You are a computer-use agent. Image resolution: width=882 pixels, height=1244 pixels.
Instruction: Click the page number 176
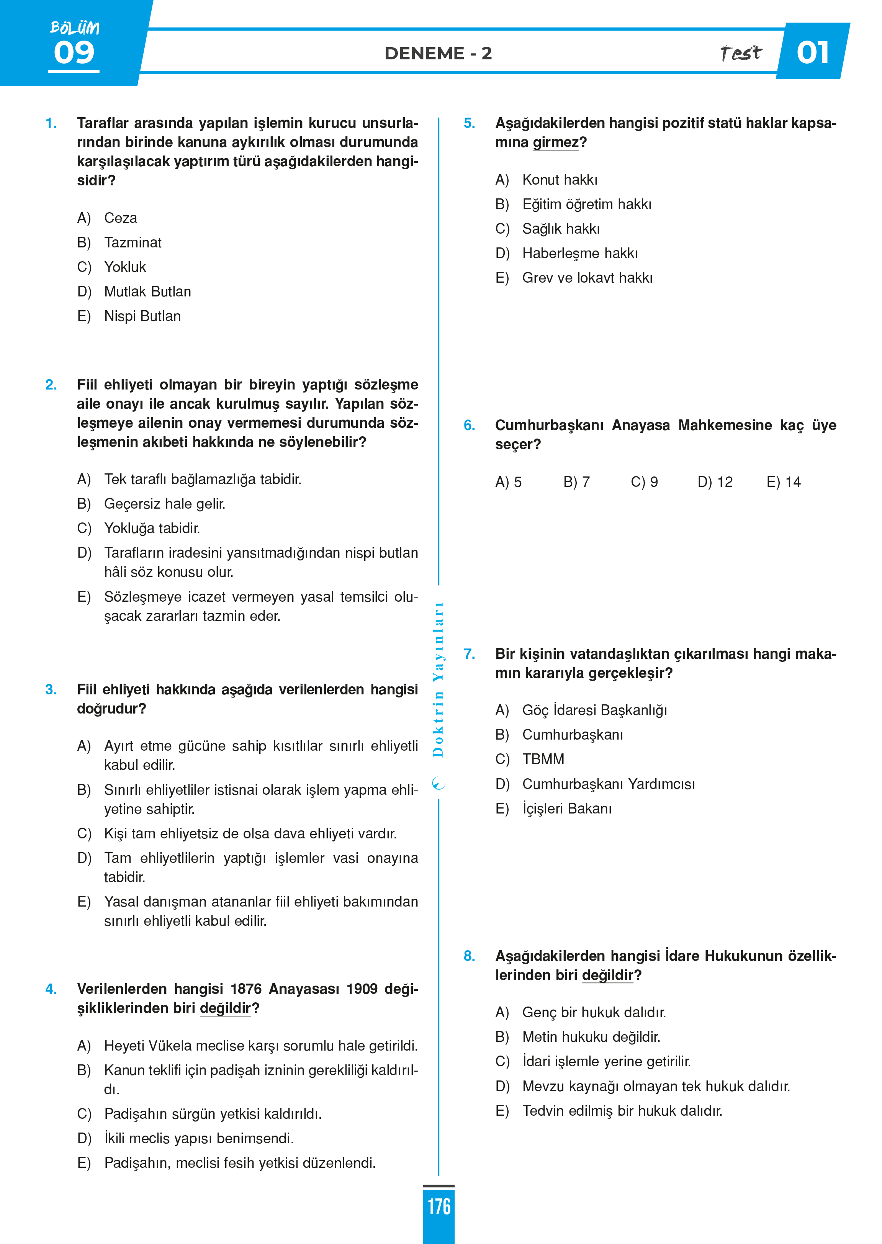coord(439,1206)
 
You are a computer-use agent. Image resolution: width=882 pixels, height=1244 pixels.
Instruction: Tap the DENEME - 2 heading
coord(438,53)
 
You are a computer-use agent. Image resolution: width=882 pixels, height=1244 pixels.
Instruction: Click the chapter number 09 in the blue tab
coord(74,53)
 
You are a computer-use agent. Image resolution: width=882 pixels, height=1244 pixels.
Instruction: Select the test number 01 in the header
coord(812,53)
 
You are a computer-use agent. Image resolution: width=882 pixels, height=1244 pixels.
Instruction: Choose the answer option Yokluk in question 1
coord(125,267)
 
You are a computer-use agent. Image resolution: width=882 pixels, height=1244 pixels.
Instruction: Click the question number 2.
coord(51,385)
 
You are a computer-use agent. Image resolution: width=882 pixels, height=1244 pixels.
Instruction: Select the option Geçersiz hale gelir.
coord(165,504)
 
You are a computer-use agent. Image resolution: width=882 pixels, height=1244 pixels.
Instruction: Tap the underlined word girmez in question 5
coord(556,142)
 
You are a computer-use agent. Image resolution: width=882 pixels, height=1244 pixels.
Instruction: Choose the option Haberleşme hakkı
coord(580,254)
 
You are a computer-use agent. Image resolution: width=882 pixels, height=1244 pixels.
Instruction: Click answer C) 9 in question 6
coord(645,482)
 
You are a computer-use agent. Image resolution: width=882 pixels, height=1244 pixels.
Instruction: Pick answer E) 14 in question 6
coord(784,482)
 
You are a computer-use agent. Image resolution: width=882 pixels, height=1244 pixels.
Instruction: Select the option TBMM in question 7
coord(543,759)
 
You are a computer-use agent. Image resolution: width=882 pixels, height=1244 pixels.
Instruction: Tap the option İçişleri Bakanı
coord(566,809)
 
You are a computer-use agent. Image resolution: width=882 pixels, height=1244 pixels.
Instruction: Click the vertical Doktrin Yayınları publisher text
coord(438,679)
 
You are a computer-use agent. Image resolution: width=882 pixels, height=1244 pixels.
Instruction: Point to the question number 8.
coord(469,956)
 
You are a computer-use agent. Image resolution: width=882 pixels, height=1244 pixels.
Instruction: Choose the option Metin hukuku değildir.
coord(591,1037)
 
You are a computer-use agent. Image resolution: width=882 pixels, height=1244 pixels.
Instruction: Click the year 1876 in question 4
coord(246,989)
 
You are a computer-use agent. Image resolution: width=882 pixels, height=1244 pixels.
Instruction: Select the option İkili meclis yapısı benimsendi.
coord(199,1139)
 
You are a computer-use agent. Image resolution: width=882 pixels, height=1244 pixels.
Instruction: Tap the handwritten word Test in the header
coord(740,53)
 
